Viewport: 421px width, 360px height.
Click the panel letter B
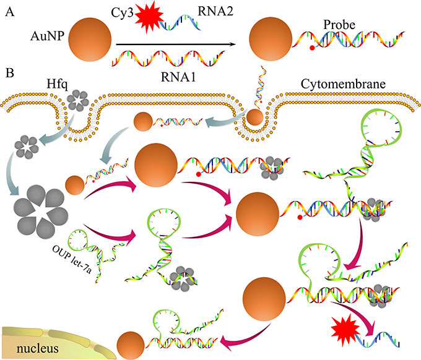[x=9, y=73]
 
